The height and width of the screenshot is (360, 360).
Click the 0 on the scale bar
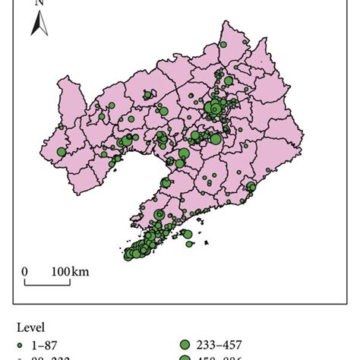tap(24, 271)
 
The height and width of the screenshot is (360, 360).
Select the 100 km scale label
tap(70, 271)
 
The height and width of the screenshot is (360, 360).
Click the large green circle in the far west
tap(62, 151)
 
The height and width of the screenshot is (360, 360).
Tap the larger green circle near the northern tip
tap(224, 46)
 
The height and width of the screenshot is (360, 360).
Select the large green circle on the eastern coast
tap(251, 187)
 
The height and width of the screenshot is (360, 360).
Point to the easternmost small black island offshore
tap(207, 242)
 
